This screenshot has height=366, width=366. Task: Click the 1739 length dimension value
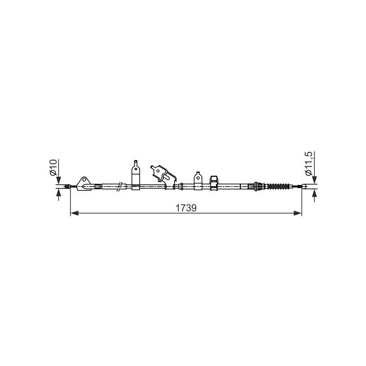click(186, 208)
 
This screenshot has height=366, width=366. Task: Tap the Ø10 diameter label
click(53, 167)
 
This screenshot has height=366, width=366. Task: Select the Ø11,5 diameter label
click(308, 164)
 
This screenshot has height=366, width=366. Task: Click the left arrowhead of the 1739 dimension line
click(75, 213)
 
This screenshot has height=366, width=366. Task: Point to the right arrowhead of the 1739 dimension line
click(298, 213)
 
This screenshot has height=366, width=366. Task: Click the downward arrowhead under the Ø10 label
click(59, 180)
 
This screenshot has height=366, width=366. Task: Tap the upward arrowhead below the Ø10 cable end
click(59, 193)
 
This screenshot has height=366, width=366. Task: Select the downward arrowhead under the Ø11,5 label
click(314, 180)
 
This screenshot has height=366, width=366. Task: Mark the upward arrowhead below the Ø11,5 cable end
click(314, 193)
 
